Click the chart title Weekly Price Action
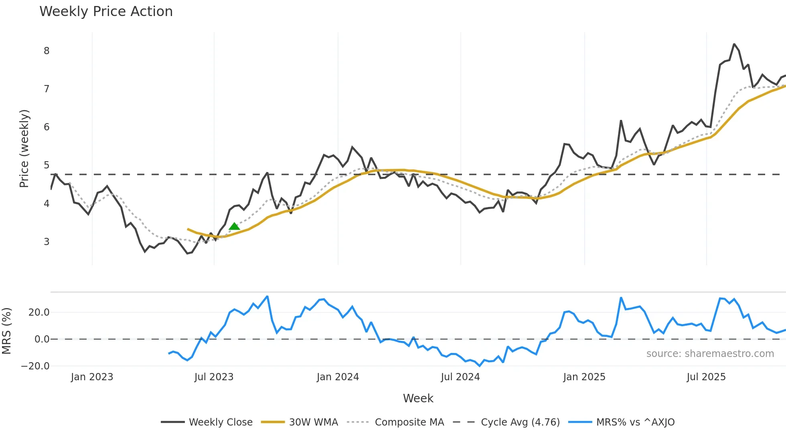coord(106,11)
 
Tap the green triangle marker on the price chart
coord(234,227)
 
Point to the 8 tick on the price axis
coord(47,51)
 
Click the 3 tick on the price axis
coord(47,241)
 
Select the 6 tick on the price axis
coord(47,127)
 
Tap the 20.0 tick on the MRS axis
coord(39,312)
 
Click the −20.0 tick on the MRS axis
coord(35,366)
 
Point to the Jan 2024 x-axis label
coord(338,377)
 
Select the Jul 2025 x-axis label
coord(706,377)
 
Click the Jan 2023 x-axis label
coord(92,377)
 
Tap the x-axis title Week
coord(418,398)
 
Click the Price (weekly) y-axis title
coord(24,148)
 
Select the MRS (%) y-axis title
coord(6,331)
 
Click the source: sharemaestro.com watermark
coord(710,353)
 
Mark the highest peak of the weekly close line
coord(734,44)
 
